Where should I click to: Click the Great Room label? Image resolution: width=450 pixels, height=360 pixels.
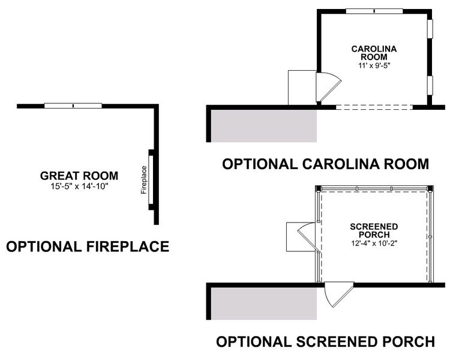[79, 176]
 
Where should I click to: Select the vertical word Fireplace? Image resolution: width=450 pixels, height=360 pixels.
[144, 179]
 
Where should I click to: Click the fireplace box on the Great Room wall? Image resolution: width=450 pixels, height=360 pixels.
[152, 179]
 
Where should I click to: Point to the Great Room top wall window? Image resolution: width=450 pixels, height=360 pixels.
[73, 106]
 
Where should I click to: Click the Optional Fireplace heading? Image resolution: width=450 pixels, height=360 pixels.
[87, 246]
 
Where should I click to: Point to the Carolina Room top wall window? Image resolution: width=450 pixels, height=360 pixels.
[374, 10]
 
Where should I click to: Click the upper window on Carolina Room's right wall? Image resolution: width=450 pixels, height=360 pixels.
[430, 29]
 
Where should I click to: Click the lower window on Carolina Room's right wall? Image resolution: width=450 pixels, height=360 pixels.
[430, 85]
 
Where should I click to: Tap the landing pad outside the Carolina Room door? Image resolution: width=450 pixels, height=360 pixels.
[302, 88]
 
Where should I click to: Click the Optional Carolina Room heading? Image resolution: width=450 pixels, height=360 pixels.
[326, 164]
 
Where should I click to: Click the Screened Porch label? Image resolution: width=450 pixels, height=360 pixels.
[374, 230]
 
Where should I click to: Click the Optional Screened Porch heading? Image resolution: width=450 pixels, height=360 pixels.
[325, 342]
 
